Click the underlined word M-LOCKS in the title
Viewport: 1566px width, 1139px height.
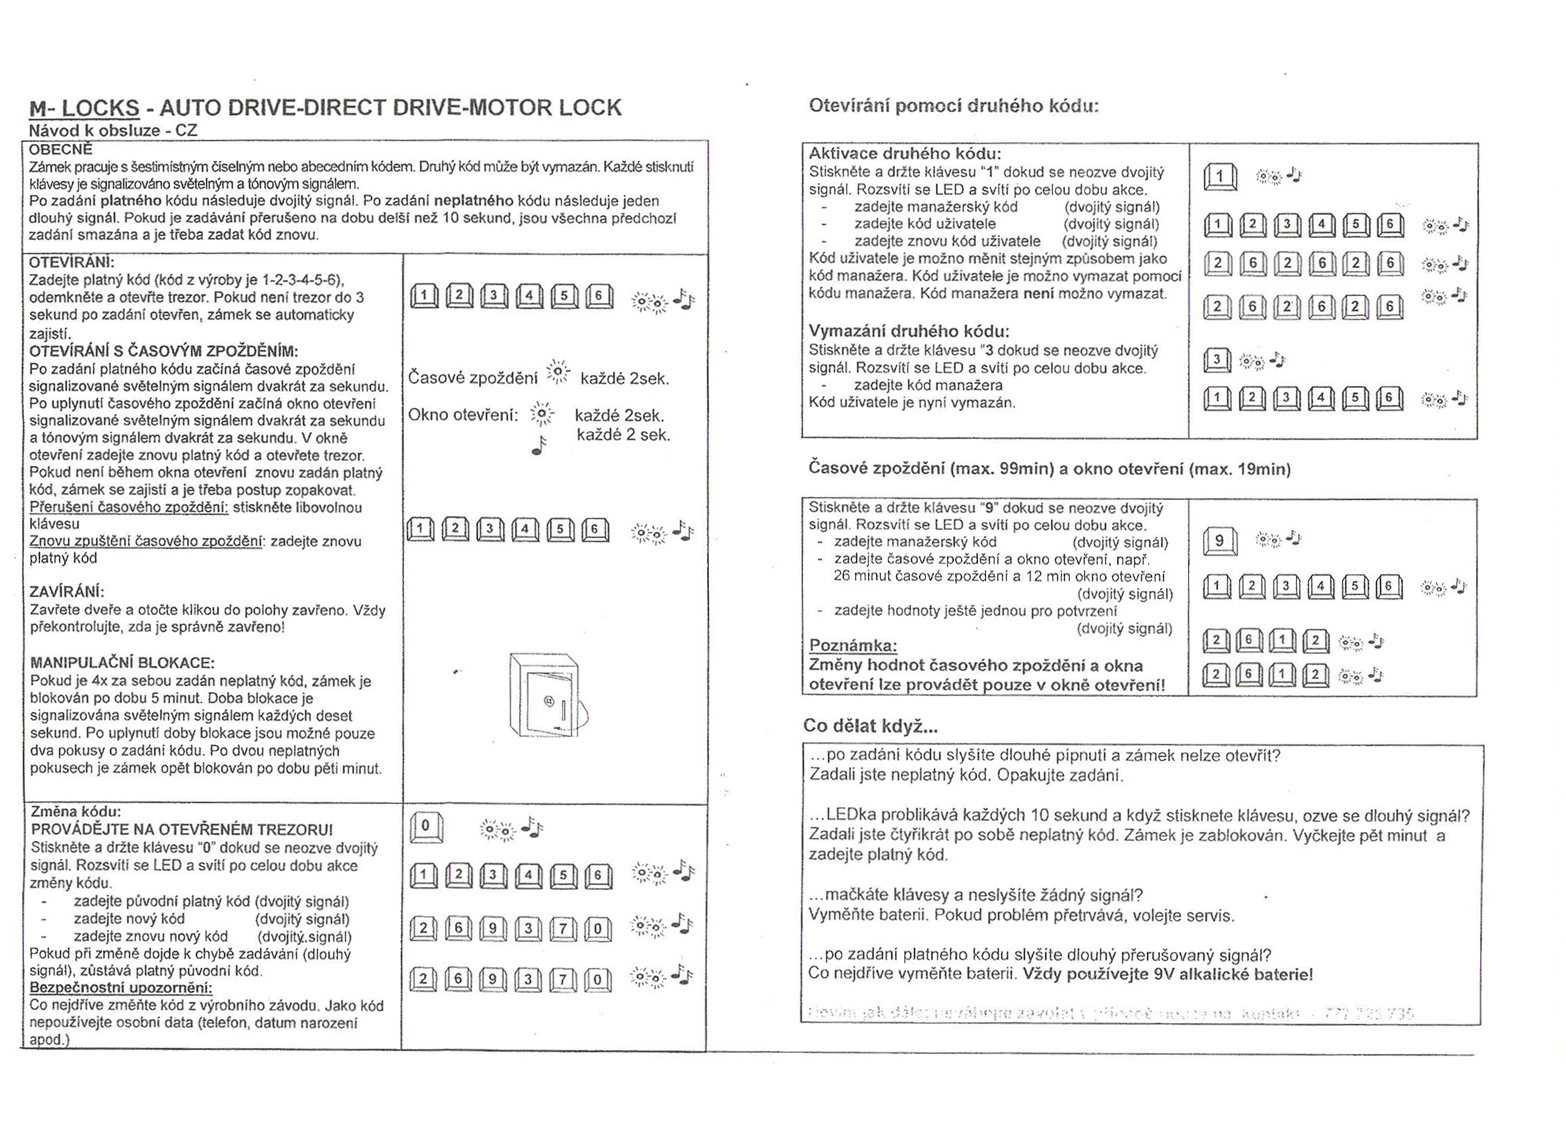coord(84,108)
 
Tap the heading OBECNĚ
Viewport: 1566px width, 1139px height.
coord(61,149)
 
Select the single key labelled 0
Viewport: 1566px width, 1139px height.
coord(425,827)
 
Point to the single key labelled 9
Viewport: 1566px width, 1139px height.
coord(1220,541)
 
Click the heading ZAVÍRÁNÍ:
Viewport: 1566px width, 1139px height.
coord(67,592)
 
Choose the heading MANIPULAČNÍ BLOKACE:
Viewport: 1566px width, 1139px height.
coord(122,663)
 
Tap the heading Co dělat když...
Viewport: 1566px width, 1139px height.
coord(870,726)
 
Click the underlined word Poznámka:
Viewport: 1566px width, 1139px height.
coord(853,646)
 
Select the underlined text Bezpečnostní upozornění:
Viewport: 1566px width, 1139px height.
coord(121,988)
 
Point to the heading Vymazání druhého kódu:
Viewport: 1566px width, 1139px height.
coord(909,331)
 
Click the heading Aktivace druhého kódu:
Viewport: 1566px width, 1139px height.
coord(904,153)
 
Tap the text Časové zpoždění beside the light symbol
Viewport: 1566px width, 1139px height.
coord(472,379)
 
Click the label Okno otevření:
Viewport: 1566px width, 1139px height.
coord(463,415)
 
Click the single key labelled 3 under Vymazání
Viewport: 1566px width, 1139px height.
coord(1217,360)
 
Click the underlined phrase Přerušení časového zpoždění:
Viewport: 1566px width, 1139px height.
coord(129,508)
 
